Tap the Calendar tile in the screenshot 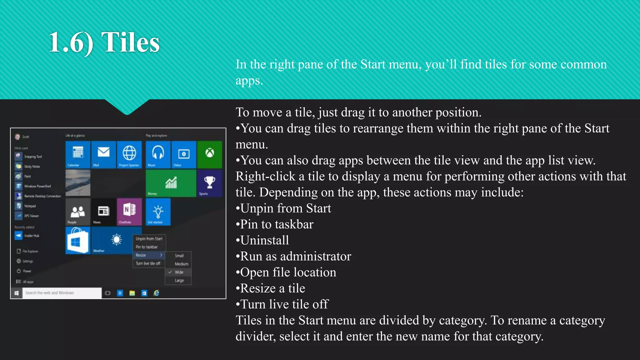tap(78, 154)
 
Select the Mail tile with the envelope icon tap(103, 154)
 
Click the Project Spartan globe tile tap(129, 154)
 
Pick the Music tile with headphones tap(158, 154)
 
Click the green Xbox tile tap(209, 154)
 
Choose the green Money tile tap(171, 183)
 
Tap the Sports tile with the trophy tap(209, 183)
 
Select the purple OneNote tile tap(129, 212)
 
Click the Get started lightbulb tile tap(158, 212)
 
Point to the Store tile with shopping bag tap(78, 240)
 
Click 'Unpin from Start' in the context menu tap(149, 239)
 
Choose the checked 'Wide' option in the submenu tap(179, 272)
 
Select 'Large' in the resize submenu tap(179, 281)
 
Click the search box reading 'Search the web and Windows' tap(62, 293)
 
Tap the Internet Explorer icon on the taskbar tap(156, 293)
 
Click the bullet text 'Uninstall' tap(264, 240)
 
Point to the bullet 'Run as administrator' tap(295, 256)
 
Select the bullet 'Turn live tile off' tap(284, 304)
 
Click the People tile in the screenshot tap(78, 212)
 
